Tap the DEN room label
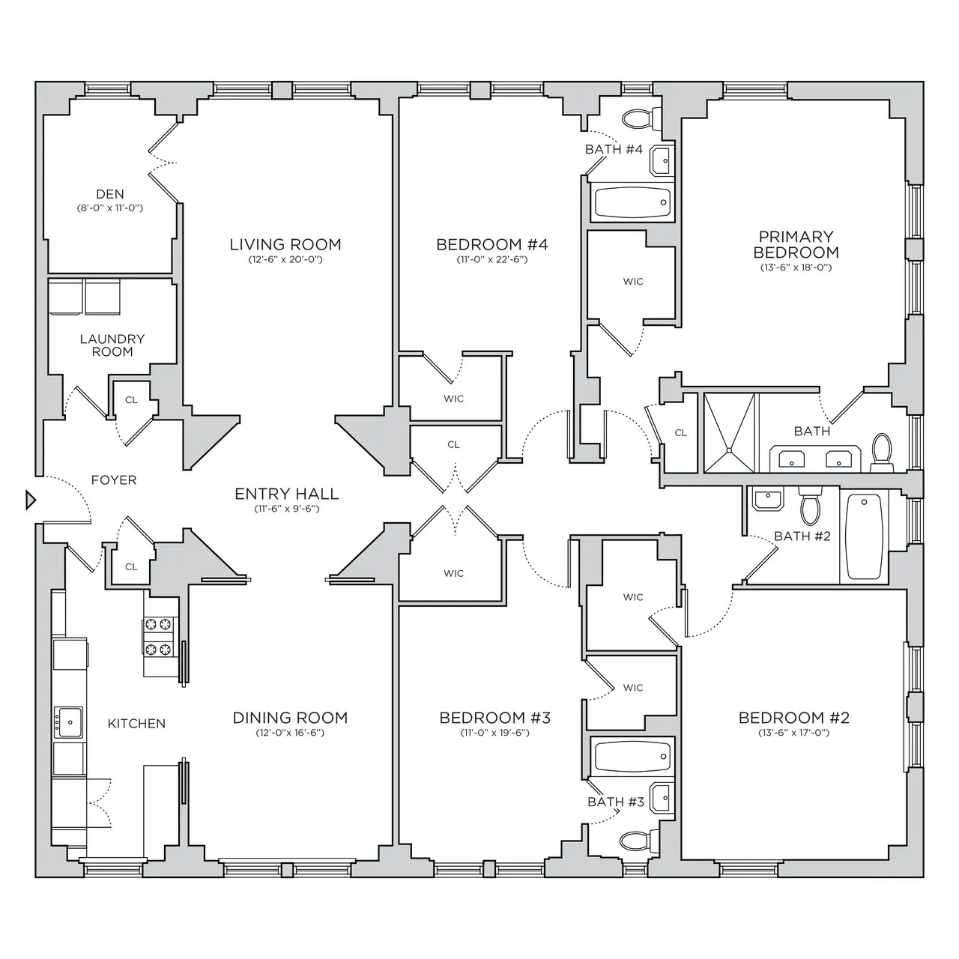coord(110,195)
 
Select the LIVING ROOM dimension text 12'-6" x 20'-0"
coord(285,260)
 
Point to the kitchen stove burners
coord(159,636)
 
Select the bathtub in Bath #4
coord(631,200)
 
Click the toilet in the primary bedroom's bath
coord(881,453)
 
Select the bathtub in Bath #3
coord(631,757)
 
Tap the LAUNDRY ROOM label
coord(112,345)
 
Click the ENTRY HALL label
coord(286,494)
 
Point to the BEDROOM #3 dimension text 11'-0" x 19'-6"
coord(495,733)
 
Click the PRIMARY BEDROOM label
coord(796,245)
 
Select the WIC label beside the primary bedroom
coord(633,282)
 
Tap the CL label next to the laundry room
coord(131,400)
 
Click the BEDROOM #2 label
coord(794,718)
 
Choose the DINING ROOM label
coord(290,718)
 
